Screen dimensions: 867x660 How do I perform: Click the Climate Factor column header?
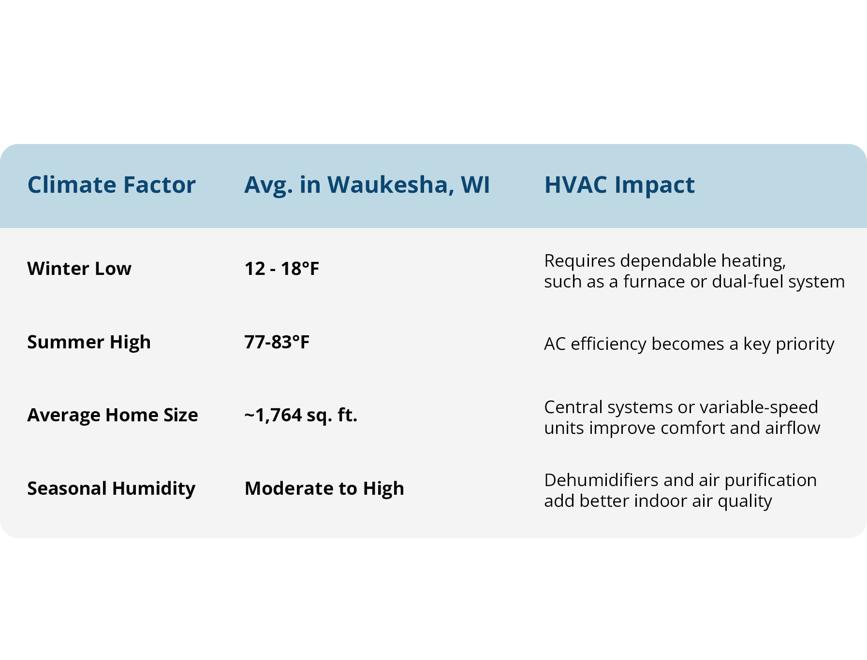click(x=111, y=185)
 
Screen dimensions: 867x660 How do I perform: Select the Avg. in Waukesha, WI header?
click(x=367, y=186)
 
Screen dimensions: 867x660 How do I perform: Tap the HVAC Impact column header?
click(x=619, y=186)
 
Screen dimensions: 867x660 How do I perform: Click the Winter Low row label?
click(x=79, y=269)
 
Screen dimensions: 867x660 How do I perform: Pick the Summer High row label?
click(x=89, y=343)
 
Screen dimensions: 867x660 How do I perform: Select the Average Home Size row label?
click(x=113, y=415)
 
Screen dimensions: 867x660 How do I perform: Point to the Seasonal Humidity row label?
click(x=111, y=489)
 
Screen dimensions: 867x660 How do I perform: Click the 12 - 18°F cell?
click(x=282, y=269)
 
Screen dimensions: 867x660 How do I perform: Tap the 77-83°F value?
click(x=277, y=342)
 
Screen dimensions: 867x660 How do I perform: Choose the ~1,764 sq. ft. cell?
click(x=301, y=416)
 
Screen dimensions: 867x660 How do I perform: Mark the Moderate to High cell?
click(x=324, y=489)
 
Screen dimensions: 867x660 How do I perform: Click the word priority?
click(x=805, y=344)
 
